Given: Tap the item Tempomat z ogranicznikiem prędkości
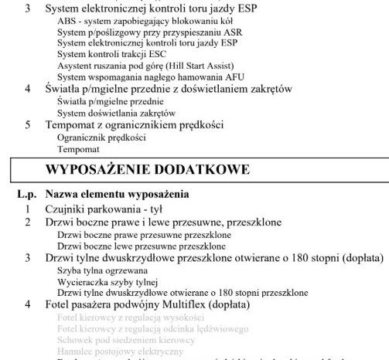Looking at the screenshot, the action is [135, 124].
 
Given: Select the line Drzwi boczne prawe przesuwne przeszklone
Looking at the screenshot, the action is [145, 233].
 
